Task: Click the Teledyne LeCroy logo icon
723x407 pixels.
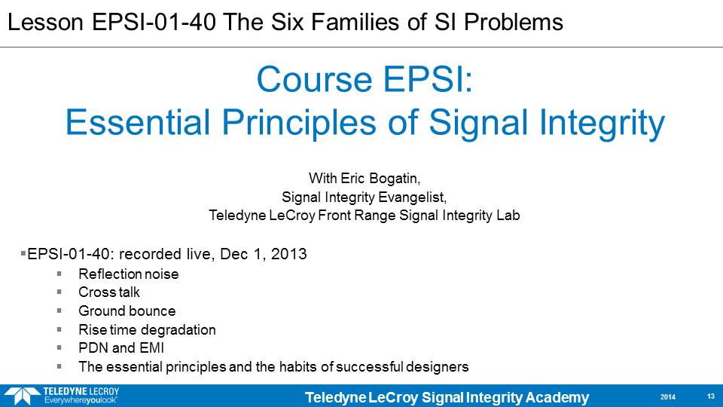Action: click(22, 396)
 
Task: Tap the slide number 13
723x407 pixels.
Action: click(710, 396)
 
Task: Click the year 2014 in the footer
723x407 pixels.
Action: click(668, 397)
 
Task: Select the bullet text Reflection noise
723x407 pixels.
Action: click(128, 274)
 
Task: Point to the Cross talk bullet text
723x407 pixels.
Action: click(108, 292)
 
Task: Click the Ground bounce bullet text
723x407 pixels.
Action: click(127, 311)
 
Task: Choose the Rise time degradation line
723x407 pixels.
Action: click(147, 330)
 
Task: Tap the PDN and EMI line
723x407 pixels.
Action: click(120, 348)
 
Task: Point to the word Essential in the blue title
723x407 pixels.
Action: click(138, 122)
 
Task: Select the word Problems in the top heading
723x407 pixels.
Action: click(513, 22)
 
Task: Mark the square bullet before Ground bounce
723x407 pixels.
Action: click(59, 311)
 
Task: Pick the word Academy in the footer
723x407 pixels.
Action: click(557, 398)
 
